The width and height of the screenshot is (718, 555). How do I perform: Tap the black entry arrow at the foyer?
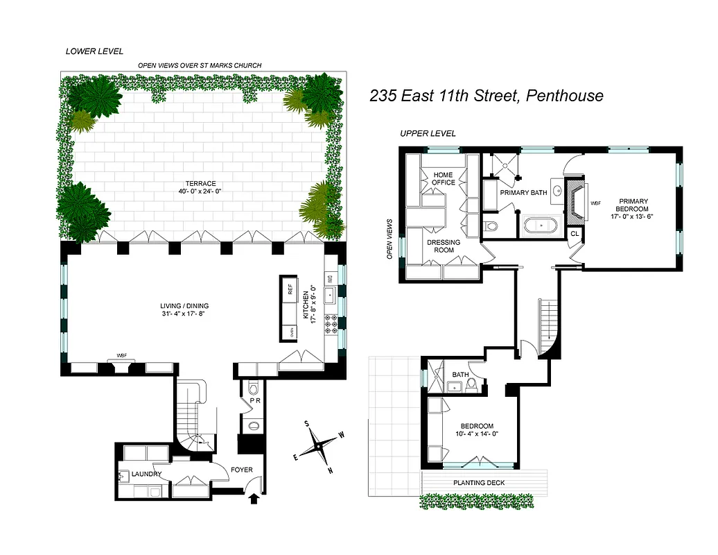coord(254,497)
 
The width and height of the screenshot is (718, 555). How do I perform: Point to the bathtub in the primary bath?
coord(536,225)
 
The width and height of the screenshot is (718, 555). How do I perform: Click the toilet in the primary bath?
coord(491,225)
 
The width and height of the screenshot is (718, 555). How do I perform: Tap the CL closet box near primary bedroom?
coord(574,234)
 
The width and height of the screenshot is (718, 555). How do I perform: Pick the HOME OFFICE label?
coord(444,178)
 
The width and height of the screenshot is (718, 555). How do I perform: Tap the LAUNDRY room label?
coord(146,474)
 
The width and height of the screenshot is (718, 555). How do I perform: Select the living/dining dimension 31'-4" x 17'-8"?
coord(184,314)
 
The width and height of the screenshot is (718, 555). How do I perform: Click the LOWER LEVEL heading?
coord(94,51)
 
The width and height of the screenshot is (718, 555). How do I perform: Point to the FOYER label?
coord(242,470)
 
